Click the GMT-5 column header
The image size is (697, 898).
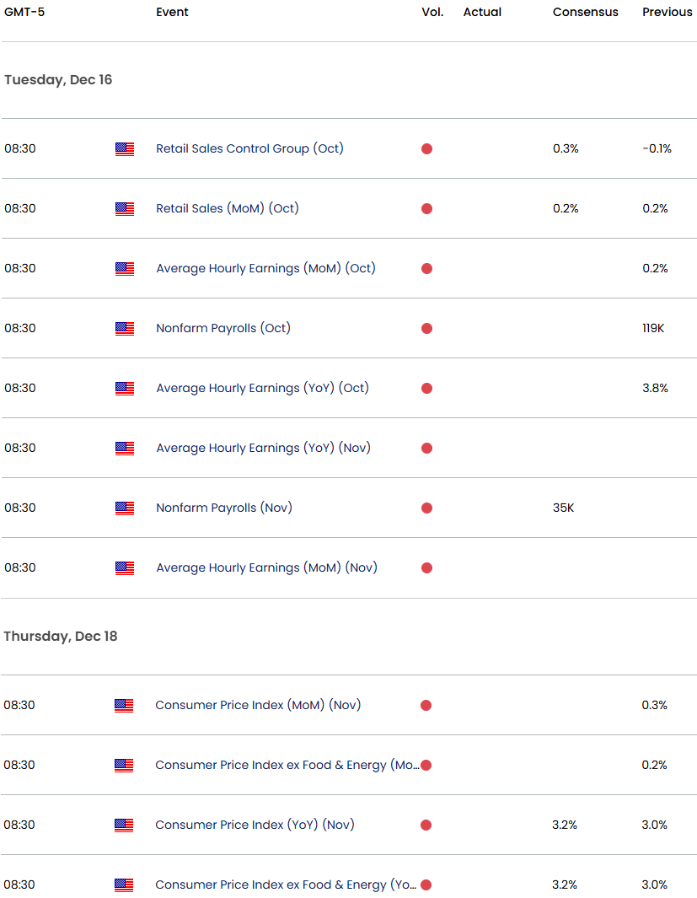[24, 12]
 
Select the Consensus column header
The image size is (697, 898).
[585, 12]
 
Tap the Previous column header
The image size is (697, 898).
[667, 12]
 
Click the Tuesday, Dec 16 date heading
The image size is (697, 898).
[58, 79]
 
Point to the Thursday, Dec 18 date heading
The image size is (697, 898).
[61, 636]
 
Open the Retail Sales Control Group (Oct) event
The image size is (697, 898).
[249, 148]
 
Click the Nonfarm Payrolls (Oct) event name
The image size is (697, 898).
[223, 328]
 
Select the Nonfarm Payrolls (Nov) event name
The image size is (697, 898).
[223, 508]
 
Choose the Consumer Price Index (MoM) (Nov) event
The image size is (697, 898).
[258, 705]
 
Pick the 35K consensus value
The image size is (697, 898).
[564, 508]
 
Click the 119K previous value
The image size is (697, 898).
[653, 328]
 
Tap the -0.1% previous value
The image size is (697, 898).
[657, 148]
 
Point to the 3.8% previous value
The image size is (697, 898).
[655, 388]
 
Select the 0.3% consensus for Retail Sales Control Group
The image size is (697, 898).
[566, 148]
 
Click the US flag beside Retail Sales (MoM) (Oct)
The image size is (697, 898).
[125, 208]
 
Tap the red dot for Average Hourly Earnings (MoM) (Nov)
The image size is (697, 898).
[426, 567]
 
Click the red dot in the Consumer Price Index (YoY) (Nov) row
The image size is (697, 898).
[426, 825]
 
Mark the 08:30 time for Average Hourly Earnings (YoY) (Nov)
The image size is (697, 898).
[20, 448]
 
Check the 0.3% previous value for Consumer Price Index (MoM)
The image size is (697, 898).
[654, 705]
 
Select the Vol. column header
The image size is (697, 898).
[432, 12]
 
